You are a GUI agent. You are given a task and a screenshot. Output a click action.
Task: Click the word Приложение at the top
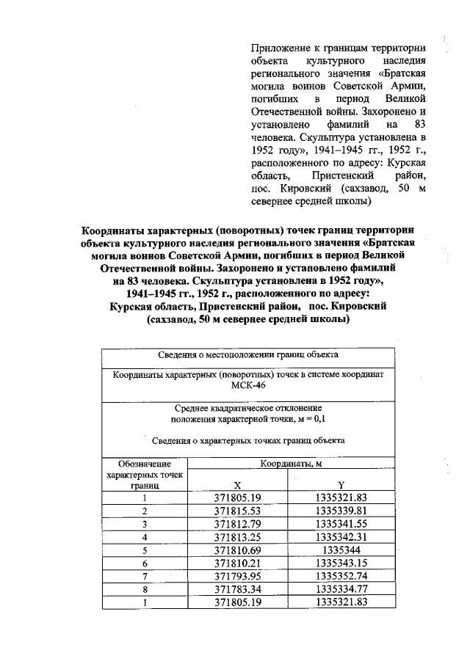[280, 48]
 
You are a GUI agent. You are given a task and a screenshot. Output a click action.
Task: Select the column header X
[237, 485]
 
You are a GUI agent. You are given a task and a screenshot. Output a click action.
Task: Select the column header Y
[341, 485]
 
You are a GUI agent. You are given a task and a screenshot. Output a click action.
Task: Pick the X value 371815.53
[237, 511]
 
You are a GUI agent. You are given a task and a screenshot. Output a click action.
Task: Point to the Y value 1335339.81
[340, 511]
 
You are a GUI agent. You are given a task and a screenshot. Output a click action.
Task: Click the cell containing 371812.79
[237, 524]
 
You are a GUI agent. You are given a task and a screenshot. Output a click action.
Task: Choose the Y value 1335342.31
[340, 536]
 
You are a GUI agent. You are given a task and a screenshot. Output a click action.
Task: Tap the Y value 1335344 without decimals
[340, 550]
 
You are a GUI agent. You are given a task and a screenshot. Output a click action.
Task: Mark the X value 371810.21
[237, 563]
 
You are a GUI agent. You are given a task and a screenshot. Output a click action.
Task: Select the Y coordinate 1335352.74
[340, 576]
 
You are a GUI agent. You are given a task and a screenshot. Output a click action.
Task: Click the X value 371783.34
[237, 589]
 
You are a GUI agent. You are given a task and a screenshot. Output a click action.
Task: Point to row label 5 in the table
[145, 550]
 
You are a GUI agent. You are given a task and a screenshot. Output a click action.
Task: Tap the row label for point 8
[145, 589]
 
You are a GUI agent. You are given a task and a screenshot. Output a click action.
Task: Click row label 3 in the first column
[145, 524]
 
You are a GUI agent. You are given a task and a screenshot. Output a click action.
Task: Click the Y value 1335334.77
[340, 589]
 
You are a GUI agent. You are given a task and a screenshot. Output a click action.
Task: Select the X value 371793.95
[237, 576]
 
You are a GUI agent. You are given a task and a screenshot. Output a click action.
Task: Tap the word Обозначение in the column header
[145, 464]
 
